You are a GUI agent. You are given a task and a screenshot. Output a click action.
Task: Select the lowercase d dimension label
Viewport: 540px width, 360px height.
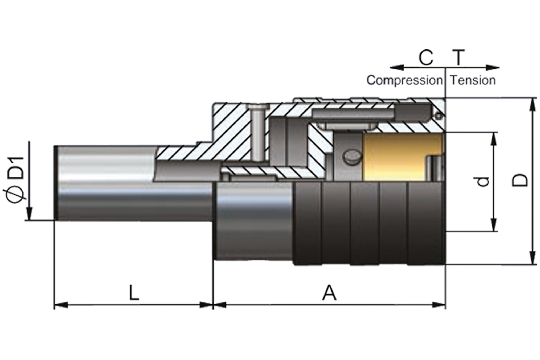(483, 181)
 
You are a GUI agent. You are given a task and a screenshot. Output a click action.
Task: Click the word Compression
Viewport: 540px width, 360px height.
(404, 81)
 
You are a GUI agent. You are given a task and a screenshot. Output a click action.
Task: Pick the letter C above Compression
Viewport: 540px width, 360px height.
(425, 58)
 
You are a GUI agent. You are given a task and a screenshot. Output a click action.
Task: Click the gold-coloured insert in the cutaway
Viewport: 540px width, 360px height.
(396, 156)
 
